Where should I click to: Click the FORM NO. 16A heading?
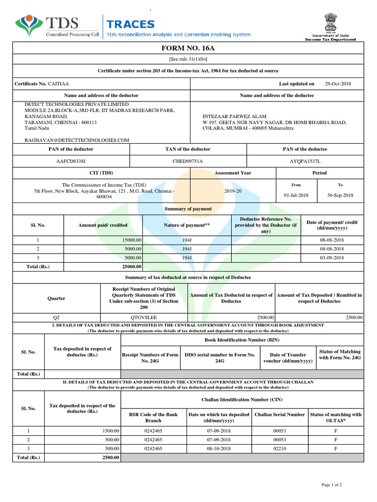(x=188, y=48)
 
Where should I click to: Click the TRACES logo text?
(x=131, y=25)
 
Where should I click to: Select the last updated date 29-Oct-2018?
(x=338, y=84)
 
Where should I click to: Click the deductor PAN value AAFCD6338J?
(x=71, y=161)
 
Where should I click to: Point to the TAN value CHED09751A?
(x=188, y=161)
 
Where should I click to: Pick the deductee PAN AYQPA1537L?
(x=305, y=161)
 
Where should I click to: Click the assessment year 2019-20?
(x=233, y=191)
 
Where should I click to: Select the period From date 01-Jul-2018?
(x=296, y=195)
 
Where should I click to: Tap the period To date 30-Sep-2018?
(x=341, y=195)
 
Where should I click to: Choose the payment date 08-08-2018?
(x=333, y=249)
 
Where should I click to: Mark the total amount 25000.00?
(x=131, y=267)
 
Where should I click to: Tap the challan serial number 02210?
(x=279, y=449)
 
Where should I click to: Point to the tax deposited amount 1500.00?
(x=110, y=430)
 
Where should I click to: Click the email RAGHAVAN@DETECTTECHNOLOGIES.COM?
(x=77, y=140)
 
